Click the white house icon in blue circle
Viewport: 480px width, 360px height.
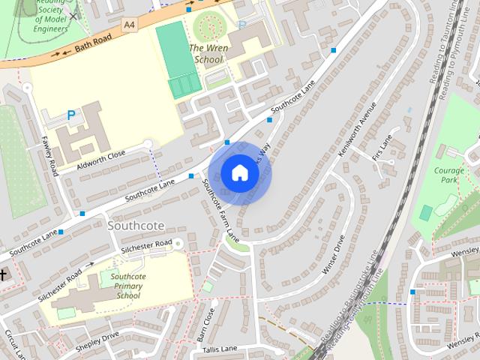[239, 173]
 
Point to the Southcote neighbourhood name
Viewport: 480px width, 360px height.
[136, 224]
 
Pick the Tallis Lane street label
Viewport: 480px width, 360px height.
[219, 349]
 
